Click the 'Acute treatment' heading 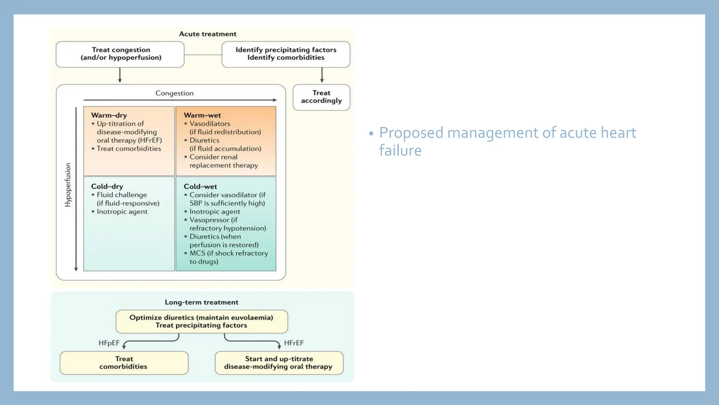click(207, 34)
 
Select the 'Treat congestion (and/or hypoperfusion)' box click(120, 54)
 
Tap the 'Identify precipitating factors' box click(286, 54)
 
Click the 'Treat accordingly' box click(321, 97)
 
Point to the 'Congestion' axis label click(174, 93)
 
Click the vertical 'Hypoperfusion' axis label click(68, 185)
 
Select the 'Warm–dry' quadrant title click(109, 115)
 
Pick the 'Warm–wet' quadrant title click(202, 115)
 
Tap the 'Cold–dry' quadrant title click(107, 187)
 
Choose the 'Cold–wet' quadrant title click(200, 187)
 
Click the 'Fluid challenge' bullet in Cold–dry click(121, 195)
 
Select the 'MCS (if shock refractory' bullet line click(229, 253)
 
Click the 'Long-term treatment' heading click(202, 302)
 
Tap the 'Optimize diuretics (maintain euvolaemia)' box click(202, 321)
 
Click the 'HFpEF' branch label click(109, 343)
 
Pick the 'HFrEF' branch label click(294, 343)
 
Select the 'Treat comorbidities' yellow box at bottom click(124, 363)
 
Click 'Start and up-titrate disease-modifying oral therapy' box click(279, 363)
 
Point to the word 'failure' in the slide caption click(400, 151)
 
